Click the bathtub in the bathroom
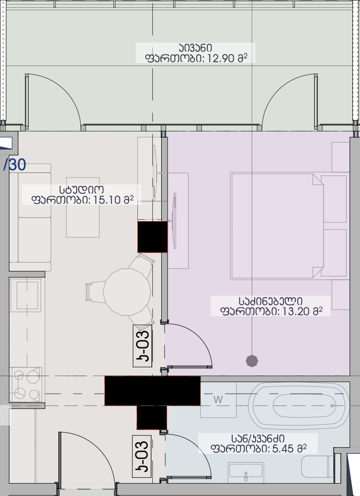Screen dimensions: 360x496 (299, 406)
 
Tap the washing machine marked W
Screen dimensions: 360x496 (218, 400)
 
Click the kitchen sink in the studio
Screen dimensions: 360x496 (26, 295)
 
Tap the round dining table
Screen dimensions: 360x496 (127, 292)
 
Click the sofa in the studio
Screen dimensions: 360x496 (30, 217)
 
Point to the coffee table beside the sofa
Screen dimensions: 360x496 (83, 207)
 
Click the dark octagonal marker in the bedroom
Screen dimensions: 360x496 (252, 361)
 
